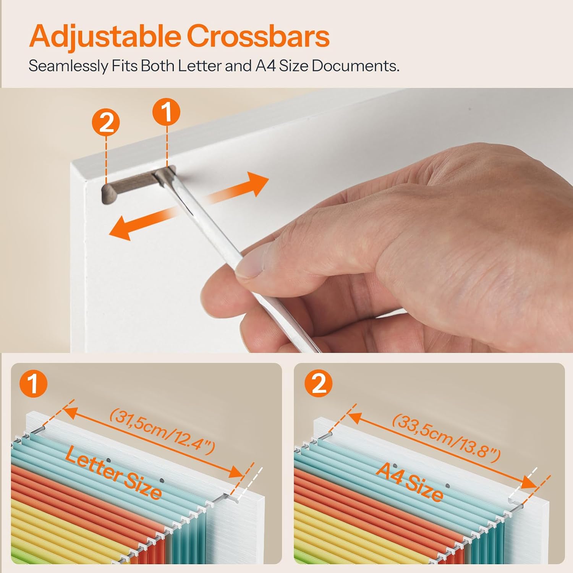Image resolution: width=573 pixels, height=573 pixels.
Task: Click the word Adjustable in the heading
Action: point(105,37)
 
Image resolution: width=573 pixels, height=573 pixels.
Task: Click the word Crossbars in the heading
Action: point(258,36)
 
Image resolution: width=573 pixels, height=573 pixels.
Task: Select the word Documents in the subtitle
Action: point(356,66)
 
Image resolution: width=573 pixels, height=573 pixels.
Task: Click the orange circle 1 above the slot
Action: point(167,112)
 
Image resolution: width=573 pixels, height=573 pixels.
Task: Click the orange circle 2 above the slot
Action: point(106,123)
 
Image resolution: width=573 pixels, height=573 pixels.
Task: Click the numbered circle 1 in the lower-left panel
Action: point(33,384)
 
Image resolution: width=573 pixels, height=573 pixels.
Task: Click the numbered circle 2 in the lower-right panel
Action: point(319,384)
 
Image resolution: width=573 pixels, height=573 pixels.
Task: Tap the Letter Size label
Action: point(113,473)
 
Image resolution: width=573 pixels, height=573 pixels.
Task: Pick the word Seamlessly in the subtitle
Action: point(68,66)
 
